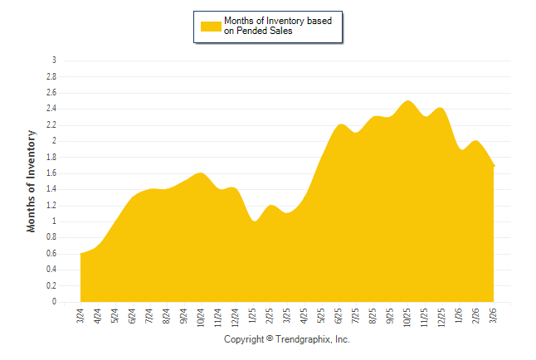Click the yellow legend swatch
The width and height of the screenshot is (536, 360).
click(211, 26)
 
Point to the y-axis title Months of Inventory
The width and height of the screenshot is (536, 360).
click(32, 180)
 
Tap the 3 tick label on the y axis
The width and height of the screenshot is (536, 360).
click(54, 61)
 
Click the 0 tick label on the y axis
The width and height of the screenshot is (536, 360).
click(54, 302)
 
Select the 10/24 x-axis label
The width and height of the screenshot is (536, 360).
click(201, 317)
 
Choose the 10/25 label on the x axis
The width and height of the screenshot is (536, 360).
click(408, 317)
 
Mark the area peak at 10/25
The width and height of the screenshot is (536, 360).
click(407, 101)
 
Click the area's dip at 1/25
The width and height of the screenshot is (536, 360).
click(255, 221)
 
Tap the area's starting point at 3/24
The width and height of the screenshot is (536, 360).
click(80, 254)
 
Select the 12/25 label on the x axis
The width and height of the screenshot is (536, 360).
click(442, 317)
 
